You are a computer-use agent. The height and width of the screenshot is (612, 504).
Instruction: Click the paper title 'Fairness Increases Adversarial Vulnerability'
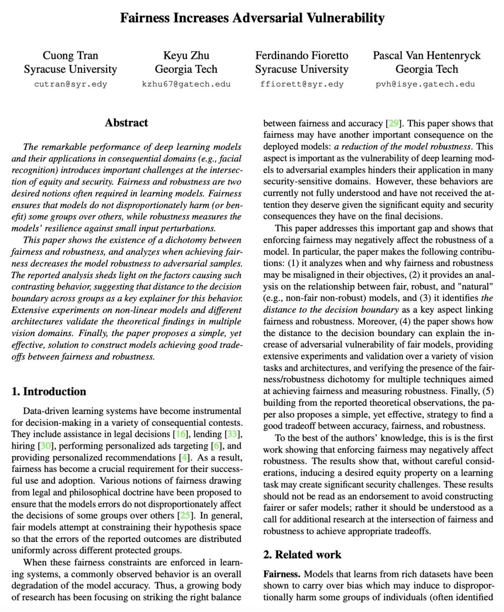coord(252,18)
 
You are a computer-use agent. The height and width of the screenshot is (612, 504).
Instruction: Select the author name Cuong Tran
coord(70,56)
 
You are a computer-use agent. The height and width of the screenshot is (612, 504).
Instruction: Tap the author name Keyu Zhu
coord(186,56)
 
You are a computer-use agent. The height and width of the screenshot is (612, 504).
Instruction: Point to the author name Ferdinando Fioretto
coord(301,56)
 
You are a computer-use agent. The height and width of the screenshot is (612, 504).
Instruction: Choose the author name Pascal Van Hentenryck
coord(427,56)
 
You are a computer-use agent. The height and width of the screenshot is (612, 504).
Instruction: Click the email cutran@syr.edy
coord(70,84)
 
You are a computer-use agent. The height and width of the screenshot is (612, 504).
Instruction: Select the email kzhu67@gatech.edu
coord(186,84)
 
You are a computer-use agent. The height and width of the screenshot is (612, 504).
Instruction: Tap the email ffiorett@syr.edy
coord(301,84)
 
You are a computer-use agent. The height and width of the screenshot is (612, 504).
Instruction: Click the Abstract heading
coord(126,123)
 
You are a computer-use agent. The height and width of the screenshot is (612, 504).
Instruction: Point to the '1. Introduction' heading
coord(49,391)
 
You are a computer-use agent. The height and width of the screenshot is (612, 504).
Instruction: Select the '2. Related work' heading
coord(302,555)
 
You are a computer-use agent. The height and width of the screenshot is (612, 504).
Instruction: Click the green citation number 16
coord(181,434)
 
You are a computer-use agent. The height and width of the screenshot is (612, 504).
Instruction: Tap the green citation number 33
coord(232,434)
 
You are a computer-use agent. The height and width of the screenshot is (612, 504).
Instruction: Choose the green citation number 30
coord(46,446)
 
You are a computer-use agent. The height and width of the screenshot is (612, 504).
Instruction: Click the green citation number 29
coord(393,124)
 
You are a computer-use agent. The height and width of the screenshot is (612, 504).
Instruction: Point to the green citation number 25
coord(185,516)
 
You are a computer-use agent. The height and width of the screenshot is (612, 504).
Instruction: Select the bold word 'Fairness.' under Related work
coord(282,574)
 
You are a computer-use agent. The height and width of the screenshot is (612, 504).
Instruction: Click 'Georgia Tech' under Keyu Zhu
coord(186,70)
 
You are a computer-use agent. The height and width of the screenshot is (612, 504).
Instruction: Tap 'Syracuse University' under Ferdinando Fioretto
coord(301,70)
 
